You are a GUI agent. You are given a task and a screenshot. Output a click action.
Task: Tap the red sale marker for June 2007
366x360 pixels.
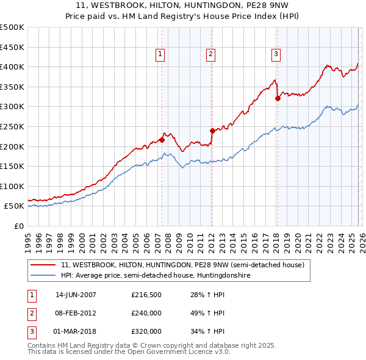162,140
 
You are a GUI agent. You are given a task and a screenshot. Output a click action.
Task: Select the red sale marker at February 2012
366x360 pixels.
212,131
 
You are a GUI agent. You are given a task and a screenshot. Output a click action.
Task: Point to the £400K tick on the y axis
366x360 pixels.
12,67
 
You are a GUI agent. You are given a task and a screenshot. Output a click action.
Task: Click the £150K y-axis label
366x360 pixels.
12,166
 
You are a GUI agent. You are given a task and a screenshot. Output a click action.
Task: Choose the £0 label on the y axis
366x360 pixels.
20,226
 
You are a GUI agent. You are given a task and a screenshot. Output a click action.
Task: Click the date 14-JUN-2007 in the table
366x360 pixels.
76,295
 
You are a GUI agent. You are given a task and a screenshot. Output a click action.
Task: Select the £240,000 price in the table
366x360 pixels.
146,313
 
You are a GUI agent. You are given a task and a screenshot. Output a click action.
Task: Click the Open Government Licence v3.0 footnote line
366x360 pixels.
129,352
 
